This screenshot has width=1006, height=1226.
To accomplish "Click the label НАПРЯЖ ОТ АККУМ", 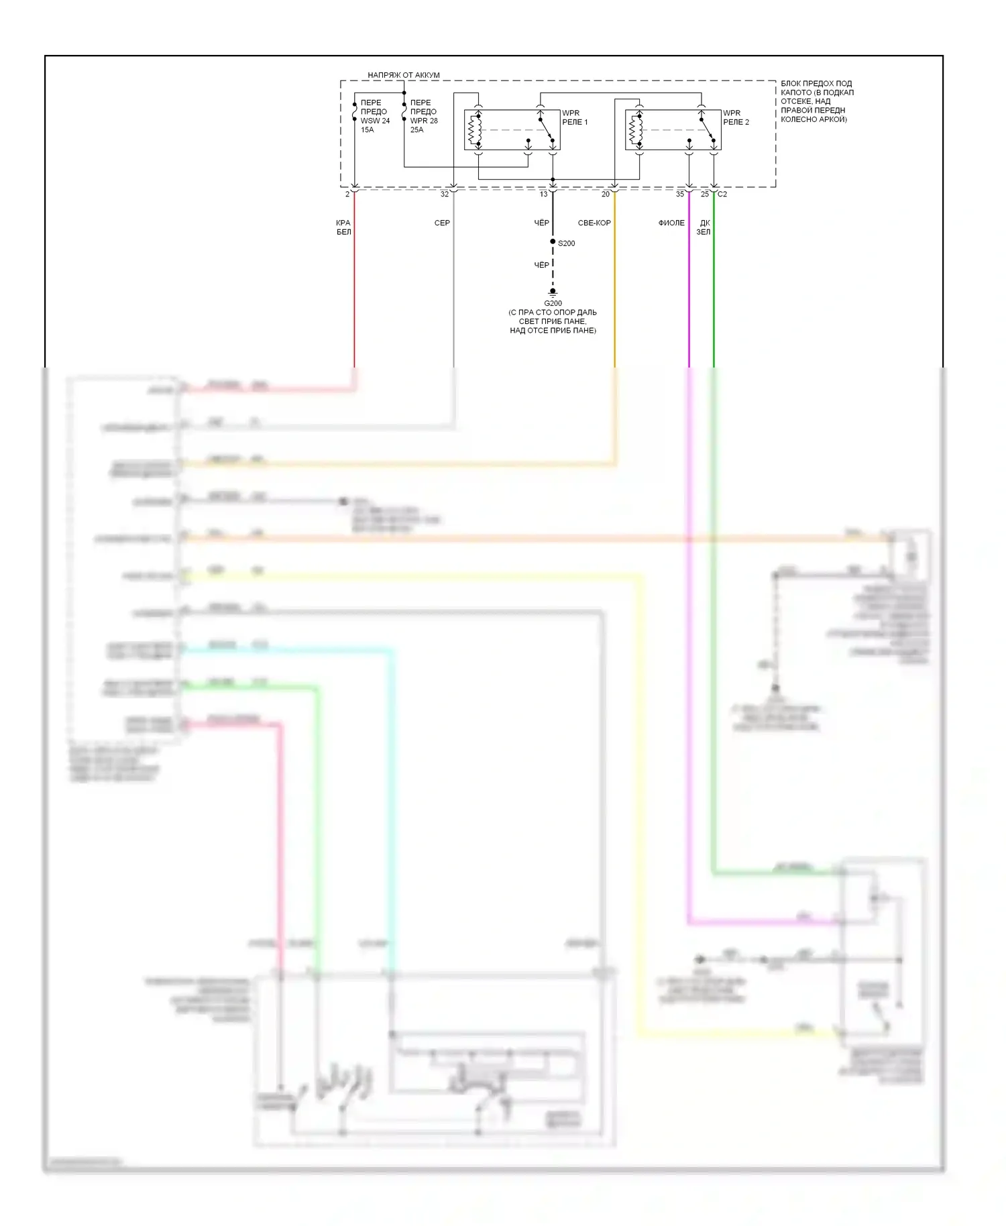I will pos(403,75).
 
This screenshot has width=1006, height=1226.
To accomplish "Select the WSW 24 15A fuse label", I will pos(374,117).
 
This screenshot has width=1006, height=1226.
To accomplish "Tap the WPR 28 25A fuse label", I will pos(424,117).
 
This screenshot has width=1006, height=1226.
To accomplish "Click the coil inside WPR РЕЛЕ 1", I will pos(475,130).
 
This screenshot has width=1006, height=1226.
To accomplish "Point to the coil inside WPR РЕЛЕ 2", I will pos(636,130).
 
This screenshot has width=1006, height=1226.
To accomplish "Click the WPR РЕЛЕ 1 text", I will pos(575,117).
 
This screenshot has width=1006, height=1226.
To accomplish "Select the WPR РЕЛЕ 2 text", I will pos(736,117).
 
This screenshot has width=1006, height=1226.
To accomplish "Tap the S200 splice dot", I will pos(553,242).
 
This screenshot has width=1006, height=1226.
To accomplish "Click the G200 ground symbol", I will pos(553,292).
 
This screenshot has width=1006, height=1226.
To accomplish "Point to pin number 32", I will pos(444,194).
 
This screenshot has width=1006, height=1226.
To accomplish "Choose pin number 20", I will pos(605,194).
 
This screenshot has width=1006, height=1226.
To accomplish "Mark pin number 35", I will pos(679,194).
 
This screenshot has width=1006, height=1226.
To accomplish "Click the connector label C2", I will pos(722,194).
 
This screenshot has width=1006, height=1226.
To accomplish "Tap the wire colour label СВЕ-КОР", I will pos(594,223).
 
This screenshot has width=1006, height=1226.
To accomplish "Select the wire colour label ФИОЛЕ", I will pos(671,223).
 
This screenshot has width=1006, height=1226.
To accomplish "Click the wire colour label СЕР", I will pos(442,223).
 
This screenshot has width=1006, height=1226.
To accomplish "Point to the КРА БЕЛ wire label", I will pos(343,227).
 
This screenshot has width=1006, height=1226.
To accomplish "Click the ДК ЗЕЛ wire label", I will pos(704,227).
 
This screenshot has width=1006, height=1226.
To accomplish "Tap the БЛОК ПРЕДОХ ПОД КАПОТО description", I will pos(817,101).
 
